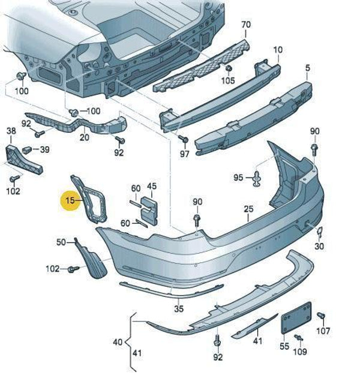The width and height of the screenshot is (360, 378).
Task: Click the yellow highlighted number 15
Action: click(71, 200)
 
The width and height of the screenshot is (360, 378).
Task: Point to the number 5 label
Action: click(307, 68)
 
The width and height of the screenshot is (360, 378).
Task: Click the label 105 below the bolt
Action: click(228, 80)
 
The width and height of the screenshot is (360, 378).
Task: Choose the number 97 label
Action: click(184, 153)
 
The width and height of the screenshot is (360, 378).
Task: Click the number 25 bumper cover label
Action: click(249, 209)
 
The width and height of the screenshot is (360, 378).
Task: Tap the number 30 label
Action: click(319, 246)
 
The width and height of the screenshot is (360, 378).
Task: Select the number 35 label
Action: click(178, 309)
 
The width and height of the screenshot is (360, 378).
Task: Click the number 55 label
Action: click(284, 346)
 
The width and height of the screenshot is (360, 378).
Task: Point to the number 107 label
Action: click(323, 331)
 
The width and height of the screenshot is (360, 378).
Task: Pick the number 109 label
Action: click(299, 351)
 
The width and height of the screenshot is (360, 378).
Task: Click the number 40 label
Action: click(118, 342)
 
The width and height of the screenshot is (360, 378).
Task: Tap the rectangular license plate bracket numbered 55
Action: click(296, 318)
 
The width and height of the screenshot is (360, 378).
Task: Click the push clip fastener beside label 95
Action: click(256, 178)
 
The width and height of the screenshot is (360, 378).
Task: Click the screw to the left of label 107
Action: click(320, 316)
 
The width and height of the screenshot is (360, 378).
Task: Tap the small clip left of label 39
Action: click(26, 149)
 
